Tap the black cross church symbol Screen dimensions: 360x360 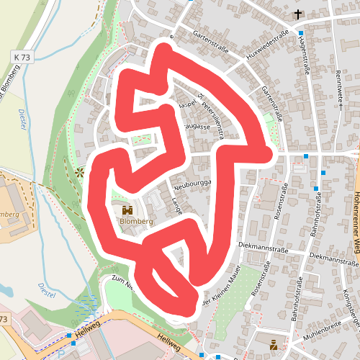point(298,14)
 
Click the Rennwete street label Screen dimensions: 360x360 point(339,86)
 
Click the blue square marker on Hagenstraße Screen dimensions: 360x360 point(300,33)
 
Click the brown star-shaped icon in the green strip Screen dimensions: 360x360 point(79,172)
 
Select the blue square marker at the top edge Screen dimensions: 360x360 point(190,1)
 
